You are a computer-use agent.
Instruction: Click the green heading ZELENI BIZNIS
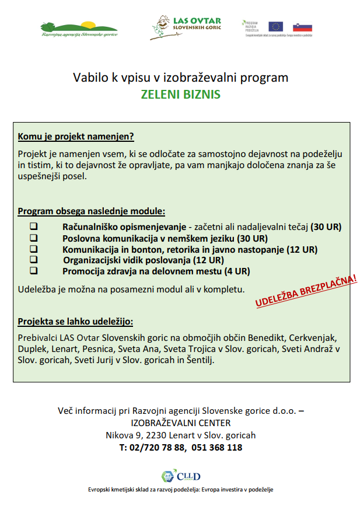point(180,94)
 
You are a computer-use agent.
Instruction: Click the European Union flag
point(275,26)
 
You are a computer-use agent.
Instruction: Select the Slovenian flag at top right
point(302,27)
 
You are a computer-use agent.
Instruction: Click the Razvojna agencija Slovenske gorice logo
point(79,28)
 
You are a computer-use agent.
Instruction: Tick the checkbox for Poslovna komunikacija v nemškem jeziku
point(34,238)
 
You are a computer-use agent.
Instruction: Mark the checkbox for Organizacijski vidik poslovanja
point(34,260)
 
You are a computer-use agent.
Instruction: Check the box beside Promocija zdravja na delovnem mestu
point(34,271)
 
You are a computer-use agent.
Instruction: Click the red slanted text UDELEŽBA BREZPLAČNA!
point(305,290)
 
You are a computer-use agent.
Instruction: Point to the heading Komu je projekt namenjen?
point(76,137)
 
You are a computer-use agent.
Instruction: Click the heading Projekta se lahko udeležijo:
point(75,321)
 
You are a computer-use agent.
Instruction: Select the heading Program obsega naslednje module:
point(91,211)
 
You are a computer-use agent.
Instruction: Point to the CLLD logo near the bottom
point(180,476)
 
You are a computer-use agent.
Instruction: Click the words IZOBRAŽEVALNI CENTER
point(180,423)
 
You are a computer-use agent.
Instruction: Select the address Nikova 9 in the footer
point(124,435)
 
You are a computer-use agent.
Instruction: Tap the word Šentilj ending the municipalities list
point(199,360)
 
